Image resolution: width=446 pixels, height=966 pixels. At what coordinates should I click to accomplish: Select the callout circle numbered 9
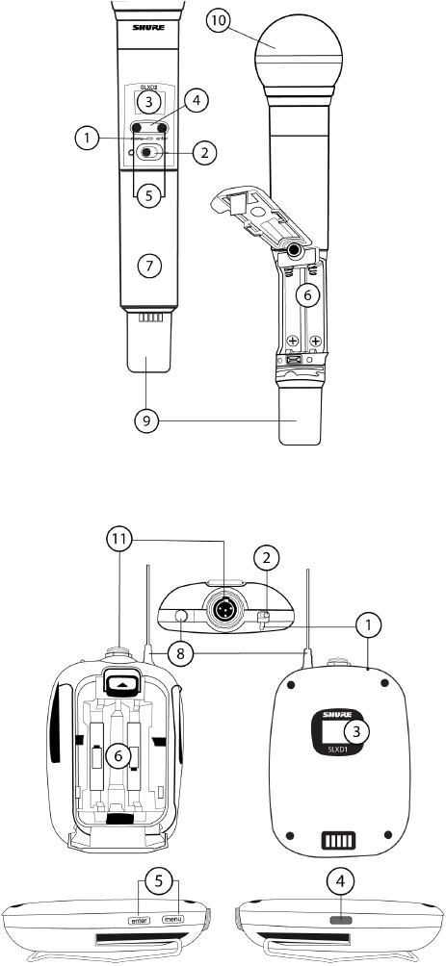pos(145,422)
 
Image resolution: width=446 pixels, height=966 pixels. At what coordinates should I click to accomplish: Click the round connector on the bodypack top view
pos(222,610)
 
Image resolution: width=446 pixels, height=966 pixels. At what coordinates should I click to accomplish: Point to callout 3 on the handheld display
pos(146,101)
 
